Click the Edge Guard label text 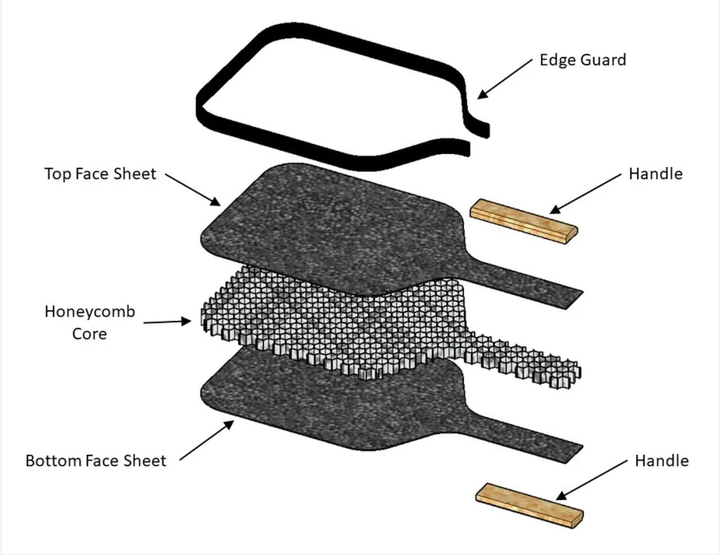click(x=582, y=60)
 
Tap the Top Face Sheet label click(x=100, y=174)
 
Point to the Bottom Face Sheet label click(x=96, y=461)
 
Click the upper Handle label click(x=655, y=174)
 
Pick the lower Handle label click(x=661, y=461)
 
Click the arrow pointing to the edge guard click(x=505, y=79)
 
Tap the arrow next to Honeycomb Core click(x=167, y=322)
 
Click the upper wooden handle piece click(x=523, y=221)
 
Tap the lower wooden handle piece click(x=529, y=505)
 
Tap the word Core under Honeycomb click(x=90, y=334)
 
